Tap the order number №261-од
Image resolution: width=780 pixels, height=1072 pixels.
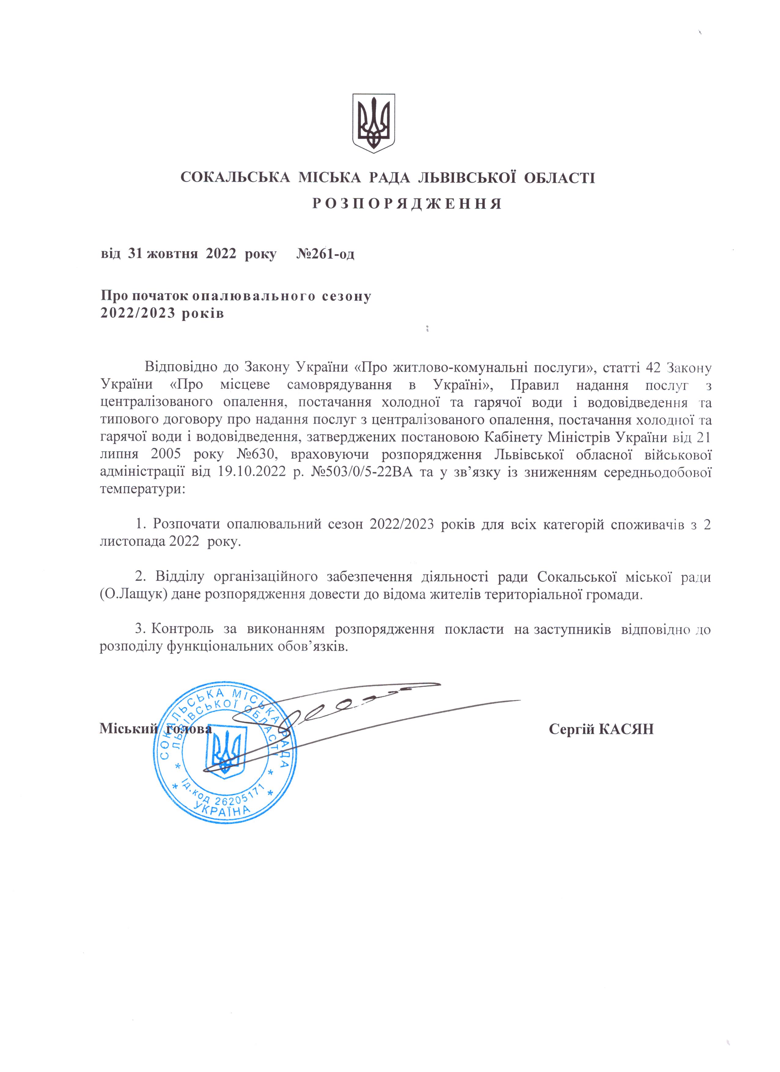click(326, 254)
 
